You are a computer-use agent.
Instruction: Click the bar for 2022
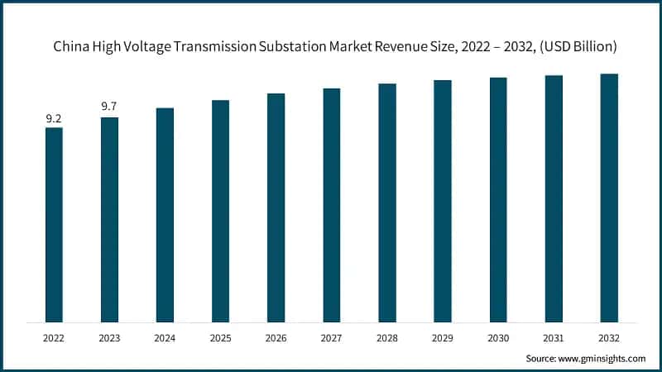click(54, 224)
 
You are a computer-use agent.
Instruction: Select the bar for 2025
click(220, 211)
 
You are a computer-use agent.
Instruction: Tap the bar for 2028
click(387, 203)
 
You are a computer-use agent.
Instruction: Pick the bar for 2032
click(609, 198)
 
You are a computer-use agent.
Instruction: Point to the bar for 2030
click(498, 199)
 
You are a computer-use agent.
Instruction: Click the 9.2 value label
click(54, 119)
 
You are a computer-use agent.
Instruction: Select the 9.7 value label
click(109, 107)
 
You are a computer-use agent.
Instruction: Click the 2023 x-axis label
click(109, 337)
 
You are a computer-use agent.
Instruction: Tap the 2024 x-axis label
click(165, 337)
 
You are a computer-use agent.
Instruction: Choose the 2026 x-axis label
click(276, 337)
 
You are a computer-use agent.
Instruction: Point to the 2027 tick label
click(331, 337)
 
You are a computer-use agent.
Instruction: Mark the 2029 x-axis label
click(443, 337)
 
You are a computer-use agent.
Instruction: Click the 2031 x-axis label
click(554, 337)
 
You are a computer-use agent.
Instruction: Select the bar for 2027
click(331, 205)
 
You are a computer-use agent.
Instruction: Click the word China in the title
click(72, 47)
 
